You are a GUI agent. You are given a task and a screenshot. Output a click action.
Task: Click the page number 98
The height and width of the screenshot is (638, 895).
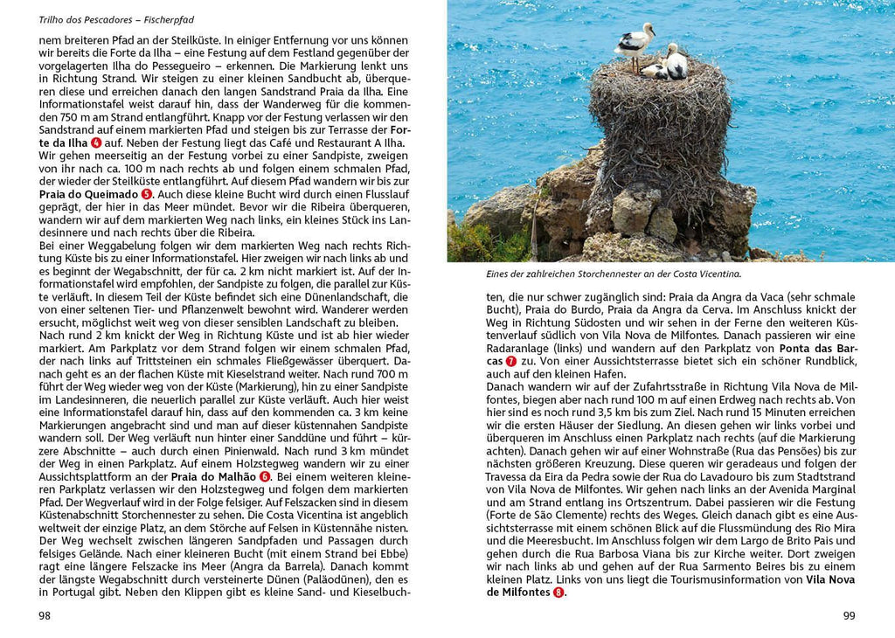coord(45,615)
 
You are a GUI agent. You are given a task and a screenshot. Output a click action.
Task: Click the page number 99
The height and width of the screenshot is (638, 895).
coord(849,615)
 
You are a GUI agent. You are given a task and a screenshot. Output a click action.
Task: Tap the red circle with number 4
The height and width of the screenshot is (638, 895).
coord(96,142)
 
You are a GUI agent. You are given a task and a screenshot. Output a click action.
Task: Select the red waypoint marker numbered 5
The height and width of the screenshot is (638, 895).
coord(147,194)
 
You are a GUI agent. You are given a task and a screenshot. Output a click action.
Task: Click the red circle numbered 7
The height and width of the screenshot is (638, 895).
coord(511,361)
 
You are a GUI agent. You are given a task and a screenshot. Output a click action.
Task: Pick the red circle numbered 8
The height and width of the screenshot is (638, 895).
coord(558,593)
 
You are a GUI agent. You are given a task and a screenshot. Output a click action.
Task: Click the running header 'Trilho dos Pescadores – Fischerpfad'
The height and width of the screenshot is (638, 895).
coord(115,18)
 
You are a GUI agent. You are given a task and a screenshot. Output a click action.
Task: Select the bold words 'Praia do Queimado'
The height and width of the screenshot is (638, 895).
coord(88,194)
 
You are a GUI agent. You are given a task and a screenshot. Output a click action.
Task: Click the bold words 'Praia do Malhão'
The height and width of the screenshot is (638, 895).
coord(213,476)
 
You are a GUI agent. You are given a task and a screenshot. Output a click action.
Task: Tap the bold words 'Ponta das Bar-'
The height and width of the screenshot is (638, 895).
coord(817,348)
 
